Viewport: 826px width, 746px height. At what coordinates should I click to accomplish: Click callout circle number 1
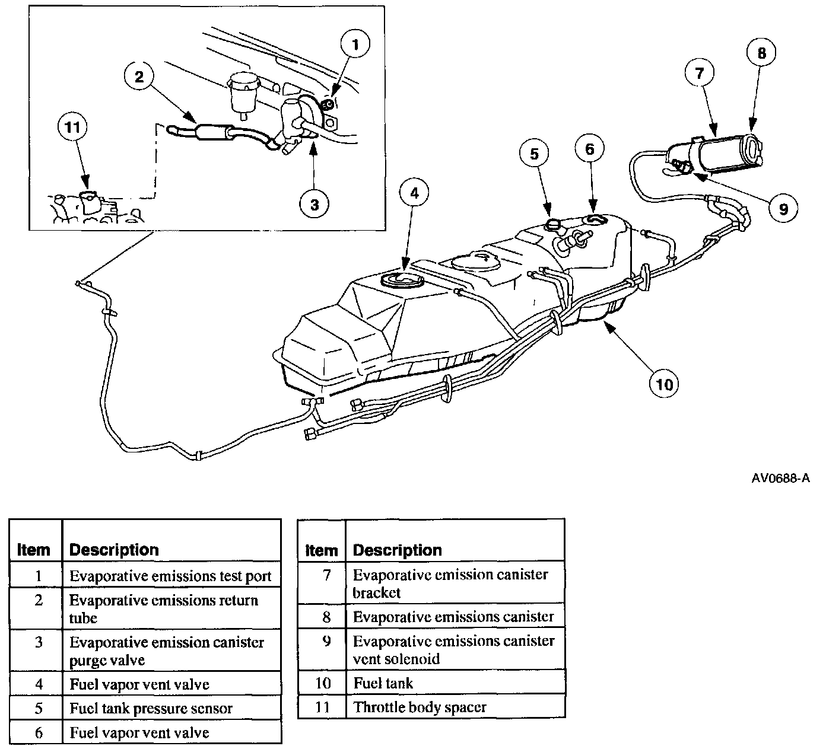[355, 44]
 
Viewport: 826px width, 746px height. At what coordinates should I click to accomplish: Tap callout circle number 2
[139, 77]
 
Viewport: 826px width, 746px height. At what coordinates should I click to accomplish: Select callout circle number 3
[314, 205]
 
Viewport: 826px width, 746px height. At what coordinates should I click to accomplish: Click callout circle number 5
[535, 154]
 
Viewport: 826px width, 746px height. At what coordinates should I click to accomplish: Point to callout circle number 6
[589, 148]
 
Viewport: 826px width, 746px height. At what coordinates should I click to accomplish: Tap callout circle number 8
[761, 53]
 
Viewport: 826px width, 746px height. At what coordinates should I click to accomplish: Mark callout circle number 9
[783, 208]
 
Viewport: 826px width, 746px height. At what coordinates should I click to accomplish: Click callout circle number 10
[665, 384]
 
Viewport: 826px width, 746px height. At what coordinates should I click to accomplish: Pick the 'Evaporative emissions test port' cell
[170, 576]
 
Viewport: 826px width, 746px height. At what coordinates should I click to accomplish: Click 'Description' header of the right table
[397, 550]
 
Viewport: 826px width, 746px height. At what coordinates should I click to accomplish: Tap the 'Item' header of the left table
[34, 550]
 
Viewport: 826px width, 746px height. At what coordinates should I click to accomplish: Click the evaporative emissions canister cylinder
[727, 152]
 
